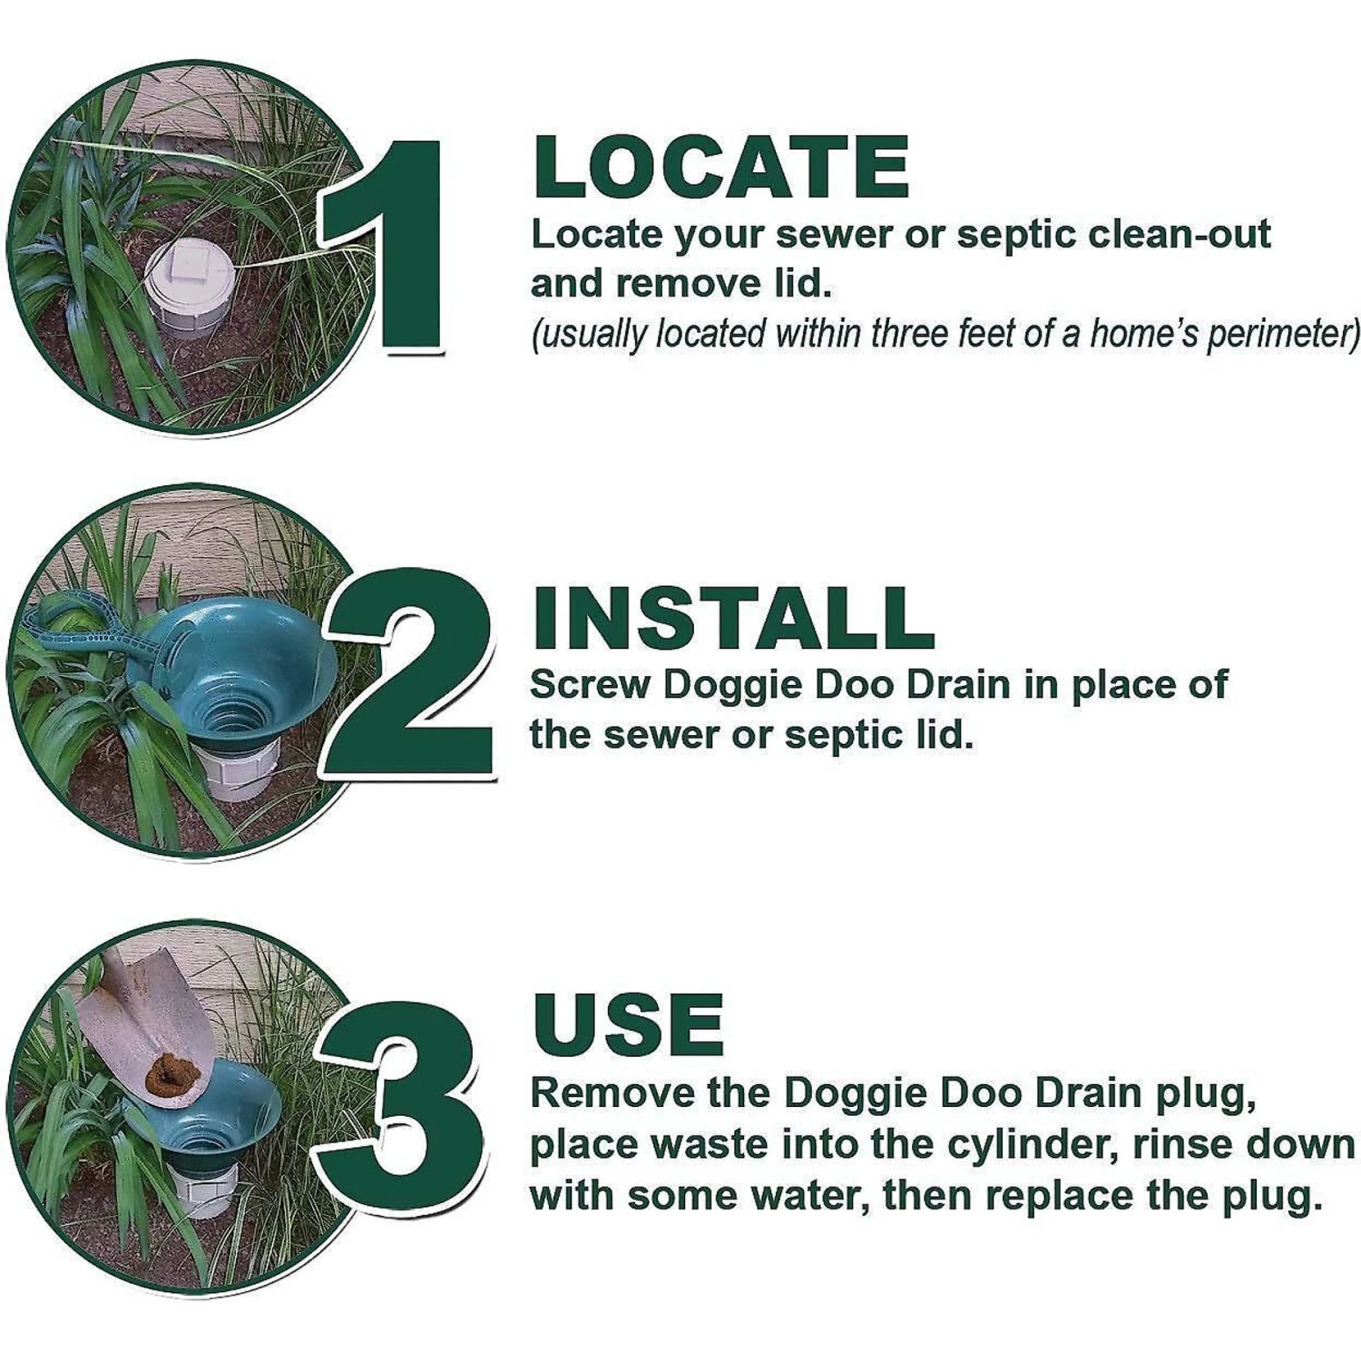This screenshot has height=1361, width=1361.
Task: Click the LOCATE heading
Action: (x=721, y=168)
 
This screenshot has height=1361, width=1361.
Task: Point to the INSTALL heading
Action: (x=733, y=619)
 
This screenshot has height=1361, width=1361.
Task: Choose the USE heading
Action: (x=629, y=1025)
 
